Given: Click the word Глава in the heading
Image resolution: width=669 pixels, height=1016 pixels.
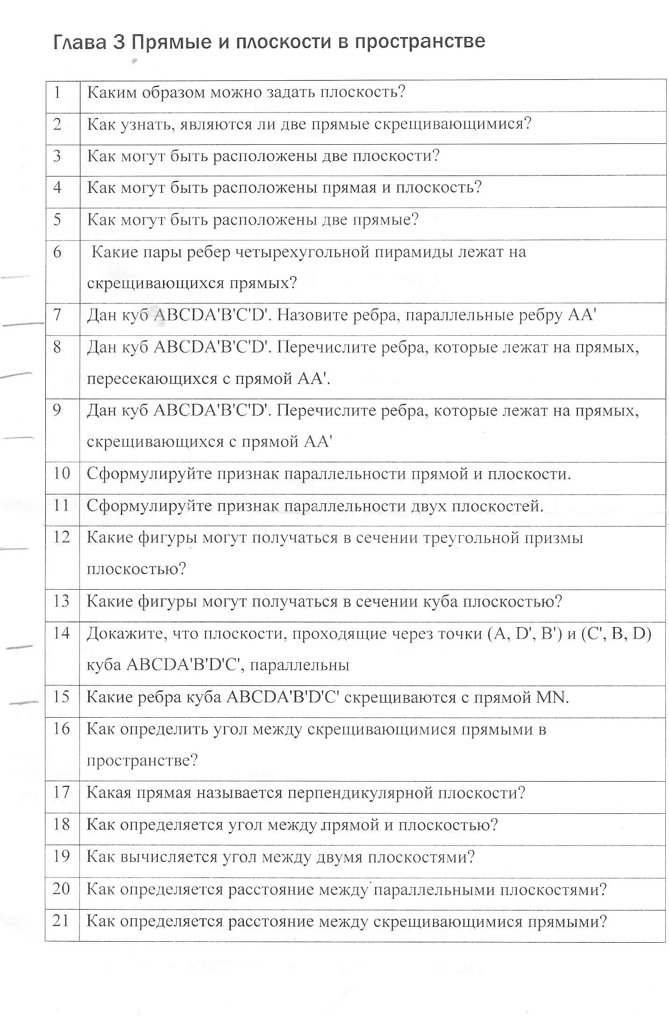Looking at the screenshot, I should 80,42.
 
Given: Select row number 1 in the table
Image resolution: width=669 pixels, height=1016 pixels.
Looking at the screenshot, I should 57,92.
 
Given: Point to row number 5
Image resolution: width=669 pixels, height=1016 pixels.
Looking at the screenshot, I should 57,219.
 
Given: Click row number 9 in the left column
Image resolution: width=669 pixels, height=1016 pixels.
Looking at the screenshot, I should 57,410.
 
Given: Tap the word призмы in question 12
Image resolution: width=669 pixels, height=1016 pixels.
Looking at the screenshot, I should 555,538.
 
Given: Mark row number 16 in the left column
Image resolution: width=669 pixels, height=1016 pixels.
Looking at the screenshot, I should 61,729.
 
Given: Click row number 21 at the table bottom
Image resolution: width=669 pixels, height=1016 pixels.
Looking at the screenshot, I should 61,921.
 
